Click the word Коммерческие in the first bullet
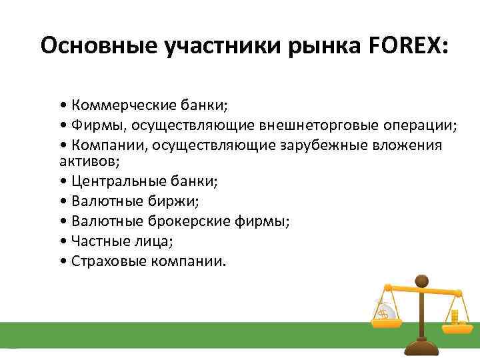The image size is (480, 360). [x=121, y=105]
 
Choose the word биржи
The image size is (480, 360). [x=154, y=200]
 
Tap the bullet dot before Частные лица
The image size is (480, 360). [x=62, y=241]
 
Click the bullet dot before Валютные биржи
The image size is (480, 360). [x=62, y=200]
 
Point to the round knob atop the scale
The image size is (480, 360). [x=421, y=279]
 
